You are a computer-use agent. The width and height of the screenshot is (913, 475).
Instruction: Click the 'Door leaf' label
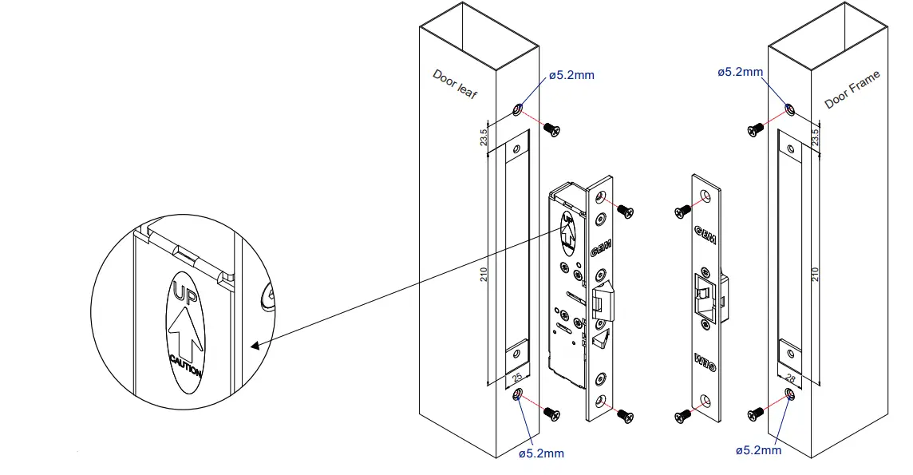click(454, 83)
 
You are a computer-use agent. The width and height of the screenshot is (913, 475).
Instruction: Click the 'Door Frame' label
click(852, 89)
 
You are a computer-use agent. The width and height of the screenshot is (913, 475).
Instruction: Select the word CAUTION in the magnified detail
click(185, 369)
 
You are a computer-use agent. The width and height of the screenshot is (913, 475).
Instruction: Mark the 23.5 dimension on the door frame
click(815, 137)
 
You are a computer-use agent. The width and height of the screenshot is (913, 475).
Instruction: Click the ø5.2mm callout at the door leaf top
click(571, 76)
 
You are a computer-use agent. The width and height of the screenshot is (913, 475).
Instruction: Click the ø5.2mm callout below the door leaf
click(541, 453)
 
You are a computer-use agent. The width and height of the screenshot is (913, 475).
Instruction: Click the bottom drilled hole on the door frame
click(789, 394)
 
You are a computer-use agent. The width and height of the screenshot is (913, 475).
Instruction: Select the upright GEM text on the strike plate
click(705, 235)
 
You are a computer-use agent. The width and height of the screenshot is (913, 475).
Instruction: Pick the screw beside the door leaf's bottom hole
click(551, 412)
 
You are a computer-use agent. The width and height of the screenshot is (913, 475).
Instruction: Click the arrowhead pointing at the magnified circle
click(255, 346)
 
